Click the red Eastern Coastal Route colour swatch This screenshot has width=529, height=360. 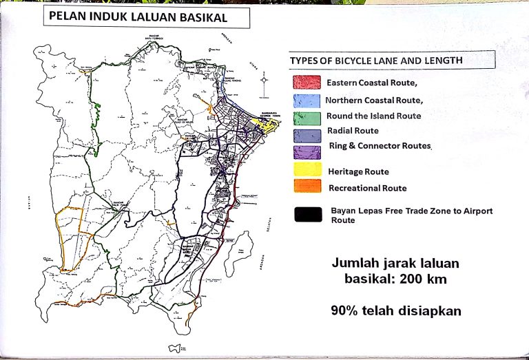307,83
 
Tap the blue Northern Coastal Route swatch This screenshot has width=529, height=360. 307,100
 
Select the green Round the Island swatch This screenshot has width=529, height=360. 307,116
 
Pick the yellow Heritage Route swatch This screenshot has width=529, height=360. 307,169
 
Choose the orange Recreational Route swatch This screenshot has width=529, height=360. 307,186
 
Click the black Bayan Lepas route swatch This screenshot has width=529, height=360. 307,214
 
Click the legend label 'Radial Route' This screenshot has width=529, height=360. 352,131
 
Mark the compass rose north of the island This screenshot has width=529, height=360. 264,85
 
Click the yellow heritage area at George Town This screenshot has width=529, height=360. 265,125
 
